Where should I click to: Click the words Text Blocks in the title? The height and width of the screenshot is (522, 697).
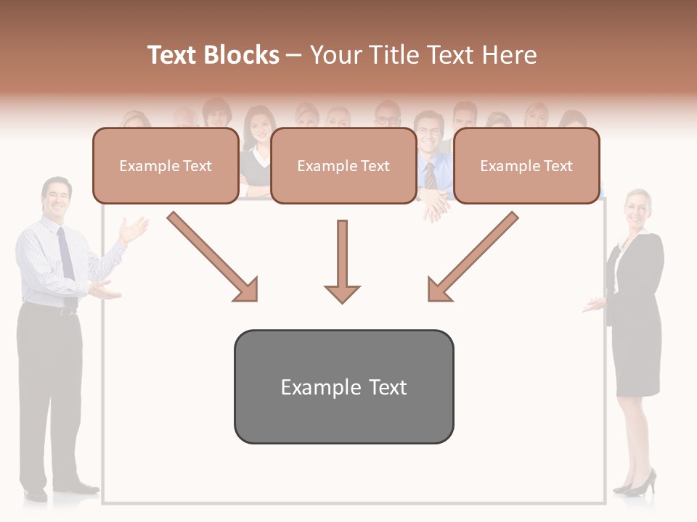pos(213,55)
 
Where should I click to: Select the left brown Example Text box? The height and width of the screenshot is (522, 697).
pos(166,166)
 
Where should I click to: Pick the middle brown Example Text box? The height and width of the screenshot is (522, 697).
pos(343,166)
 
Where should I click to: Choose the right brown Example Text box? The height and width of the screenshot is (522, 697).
pos(526,166)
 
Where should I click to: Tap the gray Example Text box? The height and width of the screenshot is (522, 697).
pos(343,387)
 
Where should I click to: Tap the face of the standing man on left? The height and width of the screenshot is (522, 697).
pos(57,196)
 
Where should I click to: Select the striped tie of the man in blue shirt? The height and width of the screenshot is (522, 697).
pos(431,176)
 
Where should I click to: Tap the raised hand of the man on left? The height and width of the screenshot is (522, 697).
pos(134,230)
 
